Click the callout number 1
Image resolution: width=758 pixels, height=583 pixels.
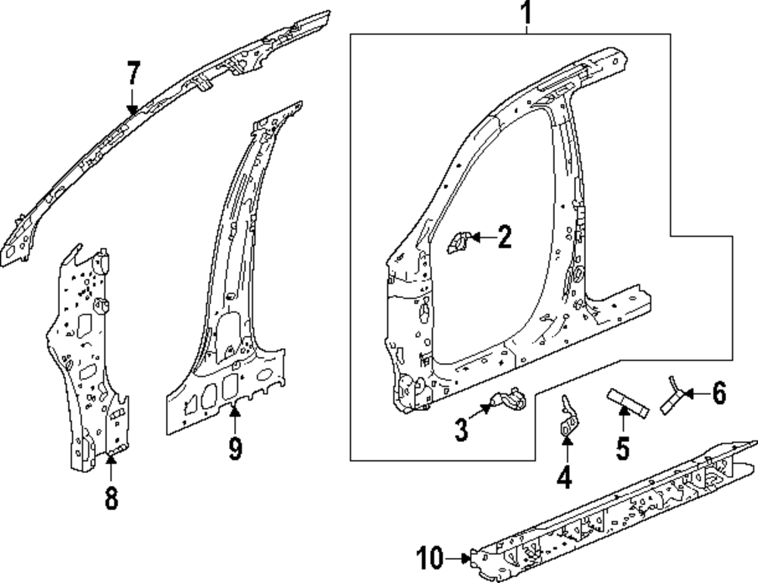coord(526,13)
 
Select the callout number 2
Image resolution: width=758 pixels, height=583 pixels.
coord(503,238)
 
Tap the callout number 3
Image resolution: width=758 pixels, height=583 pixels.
coord(462,430)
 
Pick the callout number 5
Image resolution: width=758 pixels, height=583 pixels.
coord(622,447)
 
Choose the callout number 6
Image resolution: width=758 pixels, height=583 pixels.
coord(718,393)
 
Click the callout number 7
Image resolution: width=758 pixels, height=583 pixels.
coord(133,74)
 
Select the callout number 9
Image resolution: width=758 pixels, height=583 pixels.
coord(235,449)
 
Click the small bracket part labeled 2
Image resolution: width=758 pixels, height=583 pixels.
coord(459,243)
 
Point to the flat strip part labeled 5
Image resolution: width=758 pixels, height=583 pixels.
coord(627,401)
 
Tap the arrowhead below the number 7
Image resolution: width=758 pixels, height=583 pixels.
coord(133,110)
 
